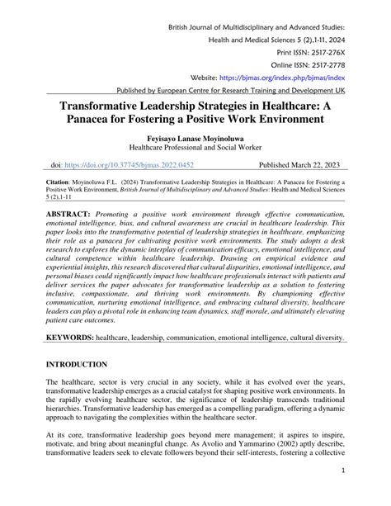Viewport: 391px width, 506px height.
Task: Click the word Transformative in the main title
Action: (108, 105)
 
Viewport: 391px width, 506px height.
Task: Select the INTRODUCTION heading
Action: (77, 364)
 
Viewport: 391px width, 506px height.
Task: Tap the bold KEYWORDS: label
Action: (70, 338)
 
